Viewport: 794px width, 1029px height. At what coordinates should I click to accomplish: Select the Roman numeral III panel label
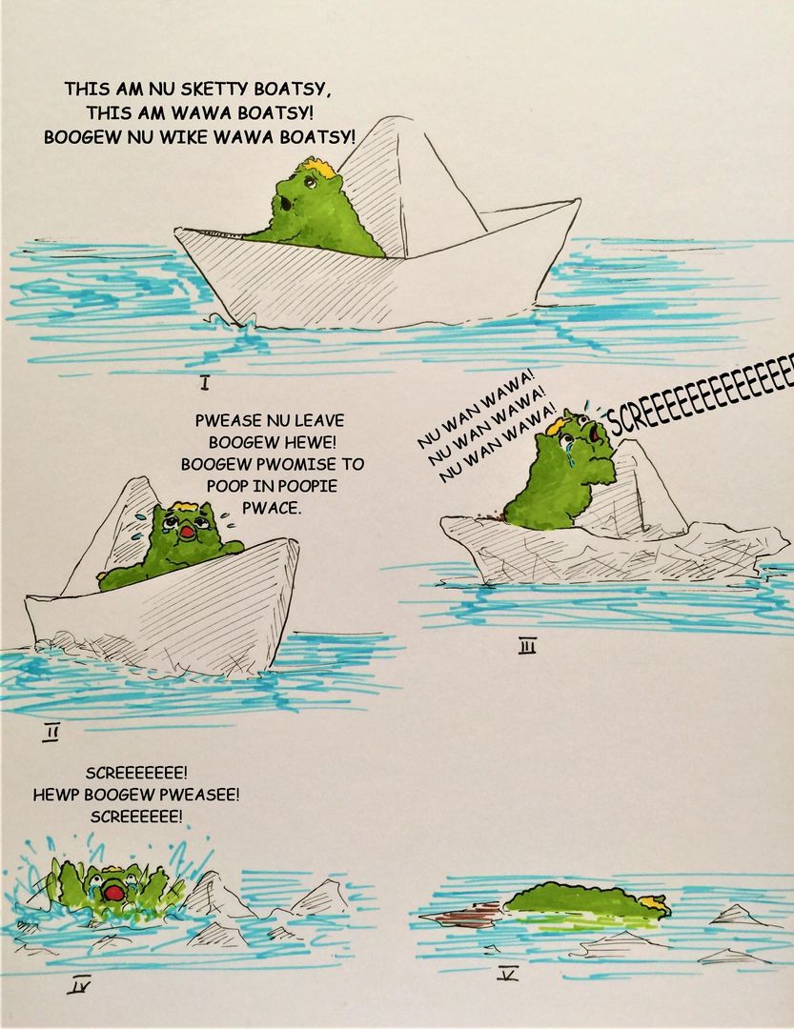pyautogui.click(x=528, y=648)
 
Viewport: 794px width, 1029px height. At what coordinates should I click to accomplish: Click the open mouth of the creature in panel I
pyautogui.click(x=286, y=203)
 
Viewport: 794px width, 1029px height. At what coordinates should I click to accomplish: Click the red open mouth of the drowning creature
pyautogui.click(x=114, y=894)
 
